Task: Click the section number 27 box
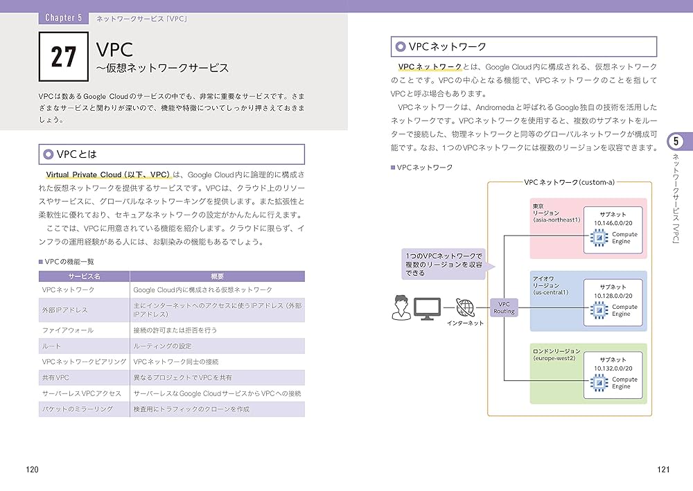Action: (x=64, y=57)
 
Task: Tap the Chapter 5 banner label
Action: (x=63, y=17)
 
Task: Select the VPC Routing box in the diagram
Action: (x=504, y=307)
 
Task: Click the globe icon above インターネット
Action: (x=465, y=307)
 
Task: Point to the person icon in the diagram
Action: (x=400, y=307)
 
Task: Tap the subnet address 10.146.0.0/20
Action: (x=613, y=223)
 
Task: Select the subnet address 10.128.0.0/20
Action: (x=613, y=296)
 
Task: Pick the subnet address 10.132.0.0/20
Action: (x=613, y=368)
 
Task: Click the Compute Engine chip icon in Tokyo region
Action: (x=597, y=238)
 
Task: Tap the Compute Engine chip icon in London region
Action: (x=597, y=383)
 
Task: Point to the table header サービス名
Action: (x=84, y=276)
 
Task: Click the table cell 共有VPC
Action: (x=56, y=377)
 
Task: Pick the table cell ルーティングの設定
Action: (x=162, y=346)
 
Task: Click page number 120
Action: (x=32, y=470)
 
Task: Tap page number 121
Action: (x=663, y=470)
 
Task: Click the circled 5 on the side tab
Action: (x=676, y=142)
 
